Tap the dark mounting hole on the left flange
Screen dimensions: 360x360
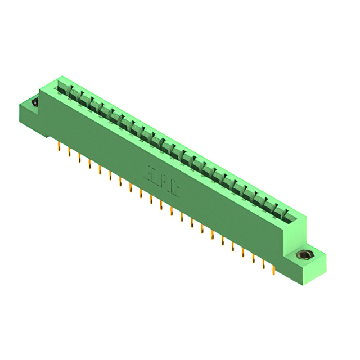click(34, 103)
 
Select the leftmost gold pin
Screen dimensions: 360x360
click(59, 147)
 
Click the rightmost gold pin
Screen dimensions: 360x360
click(273, 272)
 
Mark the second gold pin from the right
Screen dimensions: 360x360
click(263, 266)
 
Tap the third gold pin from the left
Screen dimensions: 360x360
click(79, 159)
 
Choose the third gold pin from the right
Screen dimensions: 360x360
click(253, 260)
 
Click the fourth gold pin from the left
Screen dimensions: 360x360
click(89, 164)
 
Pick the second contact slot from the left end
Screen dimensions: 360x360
click(74, 94)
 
